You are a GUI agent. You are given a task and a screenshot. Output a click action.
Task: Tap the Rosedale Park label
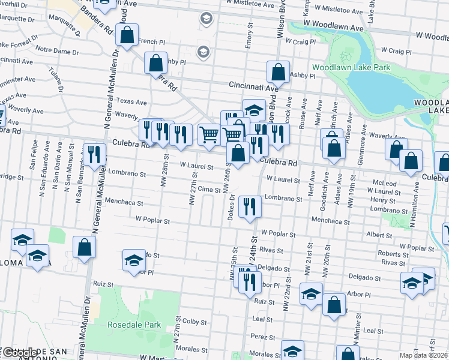[x=134, y=325]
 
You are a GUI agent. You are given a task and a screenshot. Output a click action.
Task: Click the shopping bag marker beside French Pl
[x=127, y=37]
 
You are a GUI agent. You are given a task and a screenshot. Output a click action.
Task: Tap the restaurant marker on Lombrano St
[x=249, y=208]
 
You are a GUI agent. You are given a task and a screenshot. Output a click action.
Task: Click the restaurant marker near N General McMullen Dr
[x=94, y=155]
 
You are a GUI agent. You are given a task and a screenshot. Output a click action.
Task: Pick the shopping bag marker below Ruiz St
[x=334, y=305]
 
